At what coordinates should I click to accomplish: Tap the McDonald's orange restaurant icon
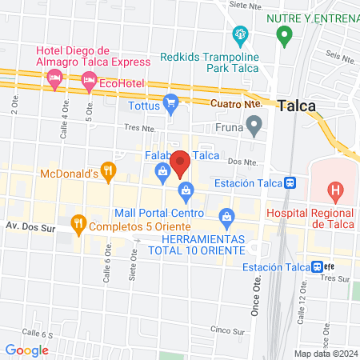(110, 170)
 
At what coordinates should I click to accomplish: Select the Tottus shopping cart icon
(170, 102)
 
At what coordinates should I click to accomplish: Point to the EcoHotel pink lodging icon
(87, 81)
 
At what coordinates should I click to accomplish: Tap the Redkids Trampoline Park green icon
(239, 35)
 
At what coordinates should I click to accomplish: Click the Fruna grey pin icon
(254, 124)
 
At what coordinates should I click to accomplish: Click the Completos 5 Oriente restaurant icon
(78, 223)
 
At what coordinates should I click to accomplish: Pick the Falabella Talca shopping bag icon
(163, 170)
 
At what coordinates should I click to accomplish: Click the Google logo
(27, 350)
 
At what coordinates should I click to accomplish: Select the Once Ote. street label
(257, 300)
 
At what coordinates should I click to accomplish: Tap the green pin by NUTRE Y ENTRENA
(282, 35)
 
